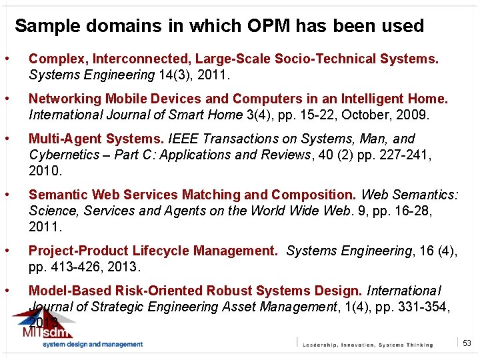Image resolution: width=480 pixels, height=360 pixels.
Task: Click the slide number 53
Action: (467, 343)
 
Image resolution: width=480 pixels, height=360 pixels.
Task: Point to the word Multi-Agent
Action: (62, 139)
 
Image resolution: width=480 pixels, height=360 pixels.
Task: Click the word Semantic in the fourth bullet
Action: (58, 195)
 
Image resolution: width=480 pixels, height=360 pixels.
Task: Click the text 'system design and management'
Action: (93, 344)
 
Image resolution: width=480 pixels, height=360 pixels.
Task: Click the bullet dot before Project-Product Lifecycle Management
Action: (7, 251)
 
